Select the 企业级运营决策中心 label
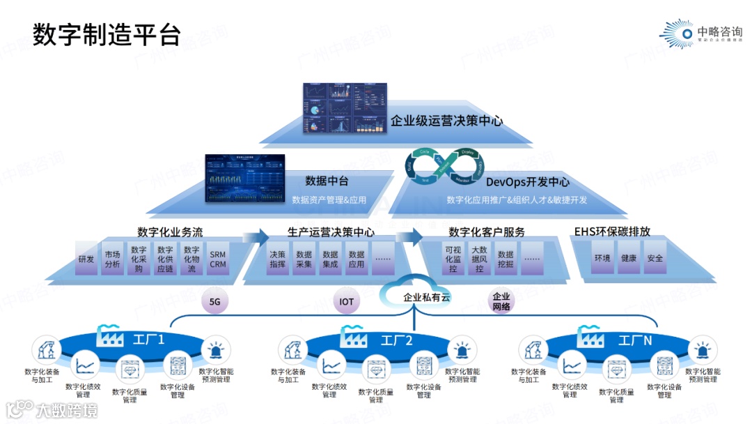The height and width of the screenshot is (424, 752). pos(446,121)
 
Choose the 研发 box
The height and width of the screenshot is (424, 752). pos(86,259)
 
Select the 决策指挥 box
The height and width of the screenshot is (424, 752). pos(277,259)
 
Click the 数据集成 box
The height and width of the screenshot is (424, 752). pos(330,259)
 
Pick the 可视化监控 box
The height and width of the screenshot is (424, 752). pos(453,259)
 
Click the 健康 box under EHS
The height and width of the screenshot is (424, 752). pos(629,258)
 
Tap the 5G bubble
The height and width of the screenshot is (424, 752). pos(214,302)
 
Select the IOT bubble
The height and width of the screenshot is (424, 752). pos(346,302)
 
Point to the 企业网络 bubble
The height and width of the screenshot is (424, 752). pos(501,301)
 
